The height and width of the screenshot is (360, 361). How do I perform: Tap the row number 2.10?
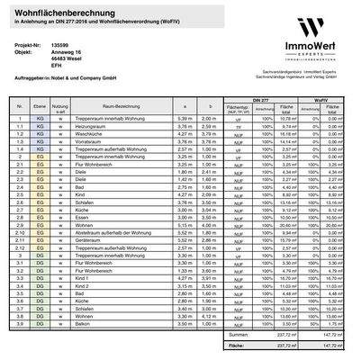pos(19,232)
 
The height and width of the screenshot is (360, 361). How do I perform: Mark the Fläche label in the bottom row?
pos(237,344)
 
